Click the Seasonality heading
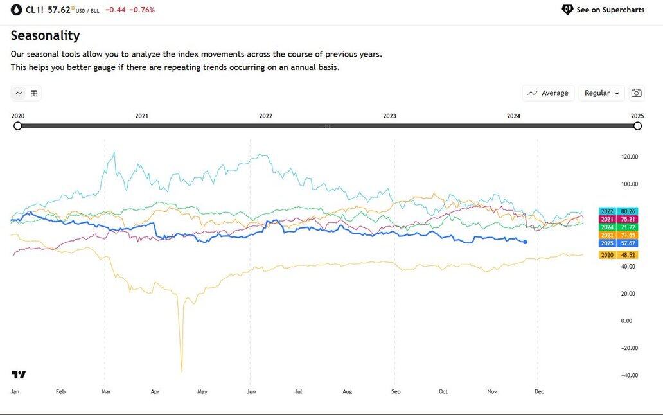[x=45, y=35]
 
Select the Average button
[x=548, y=93]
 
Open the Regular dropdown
[x=601, y=93]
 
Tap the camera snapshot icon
[x=636, y=93]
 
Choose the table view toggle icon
[x=34, y=93]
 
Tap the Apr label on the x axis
[x=155, y=391]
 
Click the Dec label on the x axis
[x=539, y=391]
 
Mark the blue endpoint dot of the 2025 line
[x=526, y=242]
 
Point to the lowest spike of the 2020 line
[x=182, y=371]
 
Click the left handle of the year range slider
[x=18, y=126]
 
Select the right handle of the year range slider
[x=637, y=126]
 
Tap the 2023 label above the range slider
[x=389, y=116]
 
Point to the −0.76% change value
[x=143, y=10]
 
